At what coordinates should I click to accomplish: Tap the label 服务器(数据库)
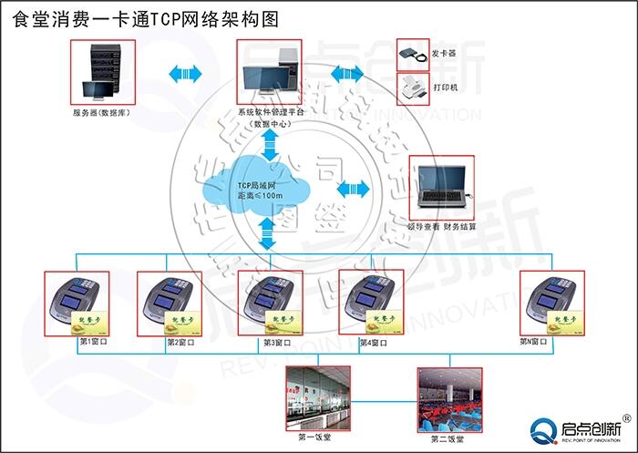(99, 112)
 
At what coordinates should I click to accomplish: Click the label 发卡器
(445, 54)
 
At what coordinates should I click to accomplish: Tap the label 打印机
(446, 88)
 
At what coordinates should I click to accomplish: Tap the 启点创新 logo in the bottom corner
(574, 429)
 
